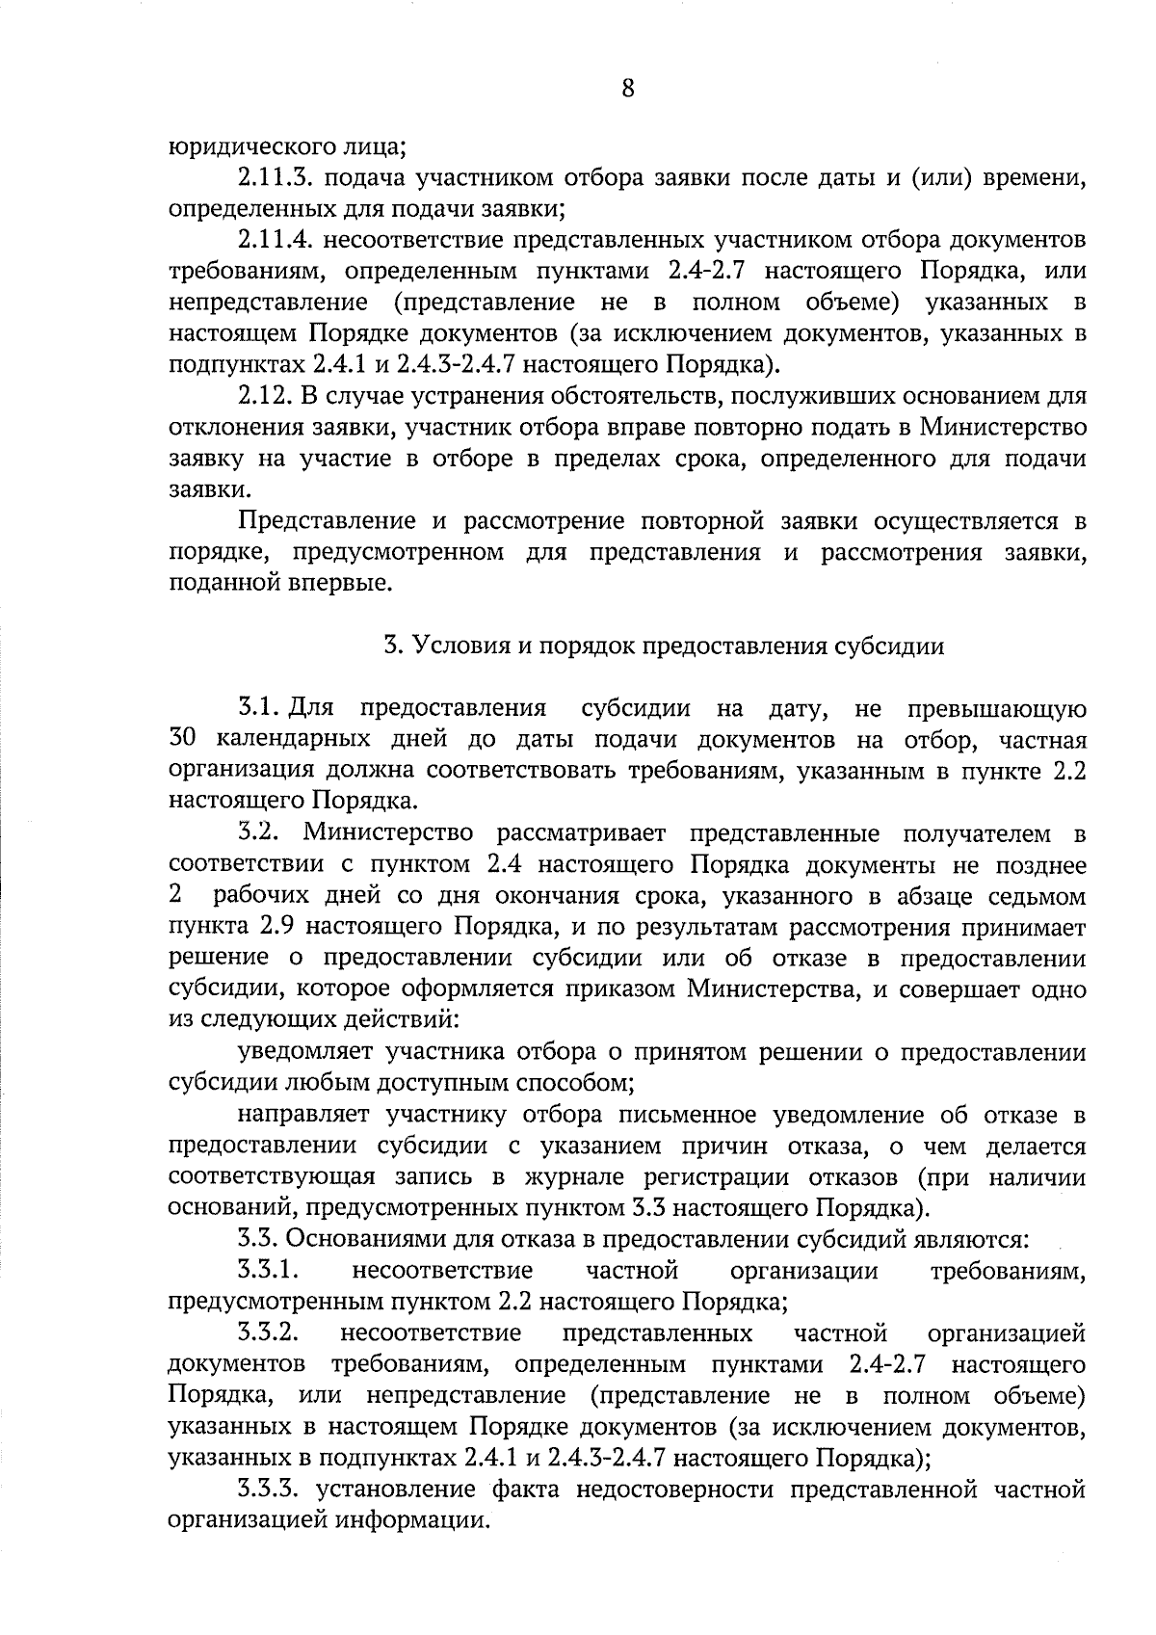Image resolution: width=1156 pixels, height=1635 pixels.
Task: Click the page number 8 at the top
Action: [x=627, y=89]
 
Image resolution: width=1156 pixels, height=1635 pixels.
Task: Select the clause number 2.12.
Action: [x=264, y=397]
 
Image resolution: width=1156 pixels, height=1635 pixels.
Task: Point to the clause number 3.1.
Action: [x=258, y=709]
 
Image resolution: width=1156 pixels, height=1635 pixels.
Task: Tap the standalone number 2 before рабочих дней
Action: [x=174, y=896]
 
